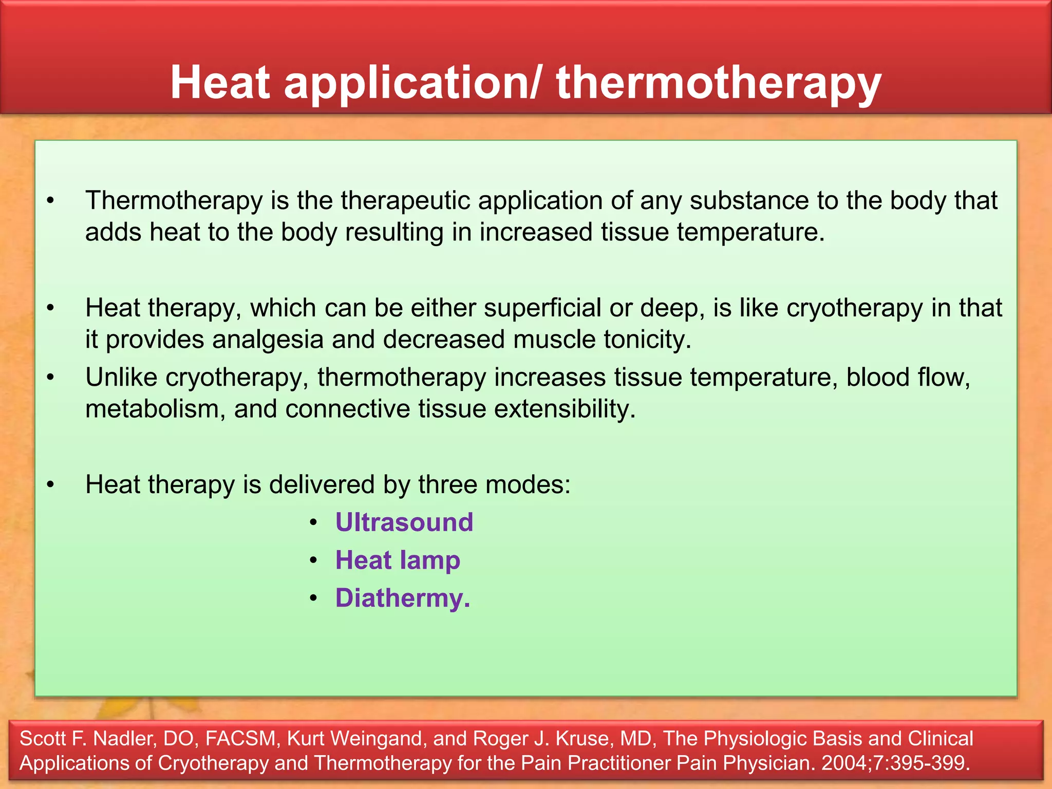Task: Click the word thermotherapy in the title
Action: point(719,83)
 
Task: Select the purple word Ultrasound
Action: point(404,522)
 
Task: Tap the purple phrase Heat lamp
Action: point(398,560)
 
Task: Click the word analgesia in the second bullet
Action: point(268,340)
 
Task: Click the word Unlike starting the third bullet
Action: point(121,378)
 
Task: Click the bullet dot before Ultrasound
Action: point(314,523)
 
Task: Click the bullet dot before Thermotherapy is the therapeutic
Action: point(50,201)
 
